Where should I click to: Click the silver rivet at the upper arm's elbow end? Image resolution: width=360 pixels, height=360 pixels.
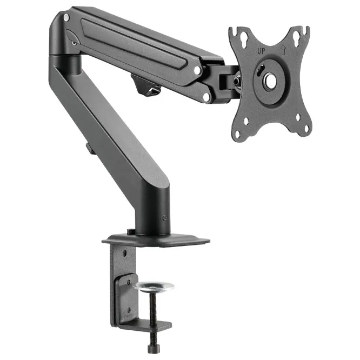(x=66, y=18)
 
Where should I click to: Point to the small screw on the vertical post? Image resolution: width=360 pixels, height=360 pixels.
(x=164, y=218)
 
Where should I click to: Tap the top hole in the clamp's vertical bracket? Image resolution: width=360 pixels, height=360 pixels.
(x=125, y=253)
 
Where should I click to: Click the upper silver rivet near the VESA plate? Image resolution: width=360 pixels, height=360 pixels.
(x=198, y=70)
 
